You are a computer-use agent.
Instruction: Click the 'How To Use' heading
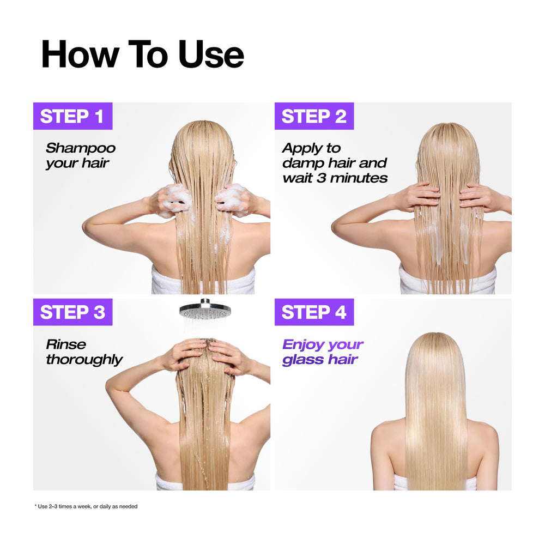click(142, 54)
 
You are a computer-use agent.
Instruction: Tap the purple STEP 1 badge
click(72, 116)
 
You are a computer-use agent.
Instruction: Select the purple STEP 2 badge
click(314, 116)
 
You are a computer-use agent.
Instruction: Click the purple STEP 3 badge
click(72, 312)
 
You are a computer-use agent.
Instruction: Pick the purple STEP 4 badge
click(314, 312)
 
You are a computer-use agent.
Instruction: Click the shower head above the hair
click(205, 310)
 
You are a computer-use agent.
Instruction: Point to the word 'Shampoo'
click(81, 148)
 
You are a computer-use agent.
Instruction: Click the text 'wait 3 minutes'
click(335, 178)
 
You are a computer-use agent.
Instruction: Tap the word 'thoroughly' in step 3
click(84, 359)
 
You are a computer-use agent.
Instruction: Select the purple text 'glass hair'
click(320, 359)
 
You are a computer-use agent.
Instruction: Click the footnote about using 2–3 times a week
click(86, 506)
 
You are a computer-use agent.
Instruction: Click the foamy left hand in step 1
click(173, 200)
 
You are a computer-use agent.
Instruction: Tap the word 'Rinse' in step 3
click(66, 344)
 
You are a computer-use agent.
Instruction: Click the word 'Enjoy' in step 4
click(302, 344)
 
